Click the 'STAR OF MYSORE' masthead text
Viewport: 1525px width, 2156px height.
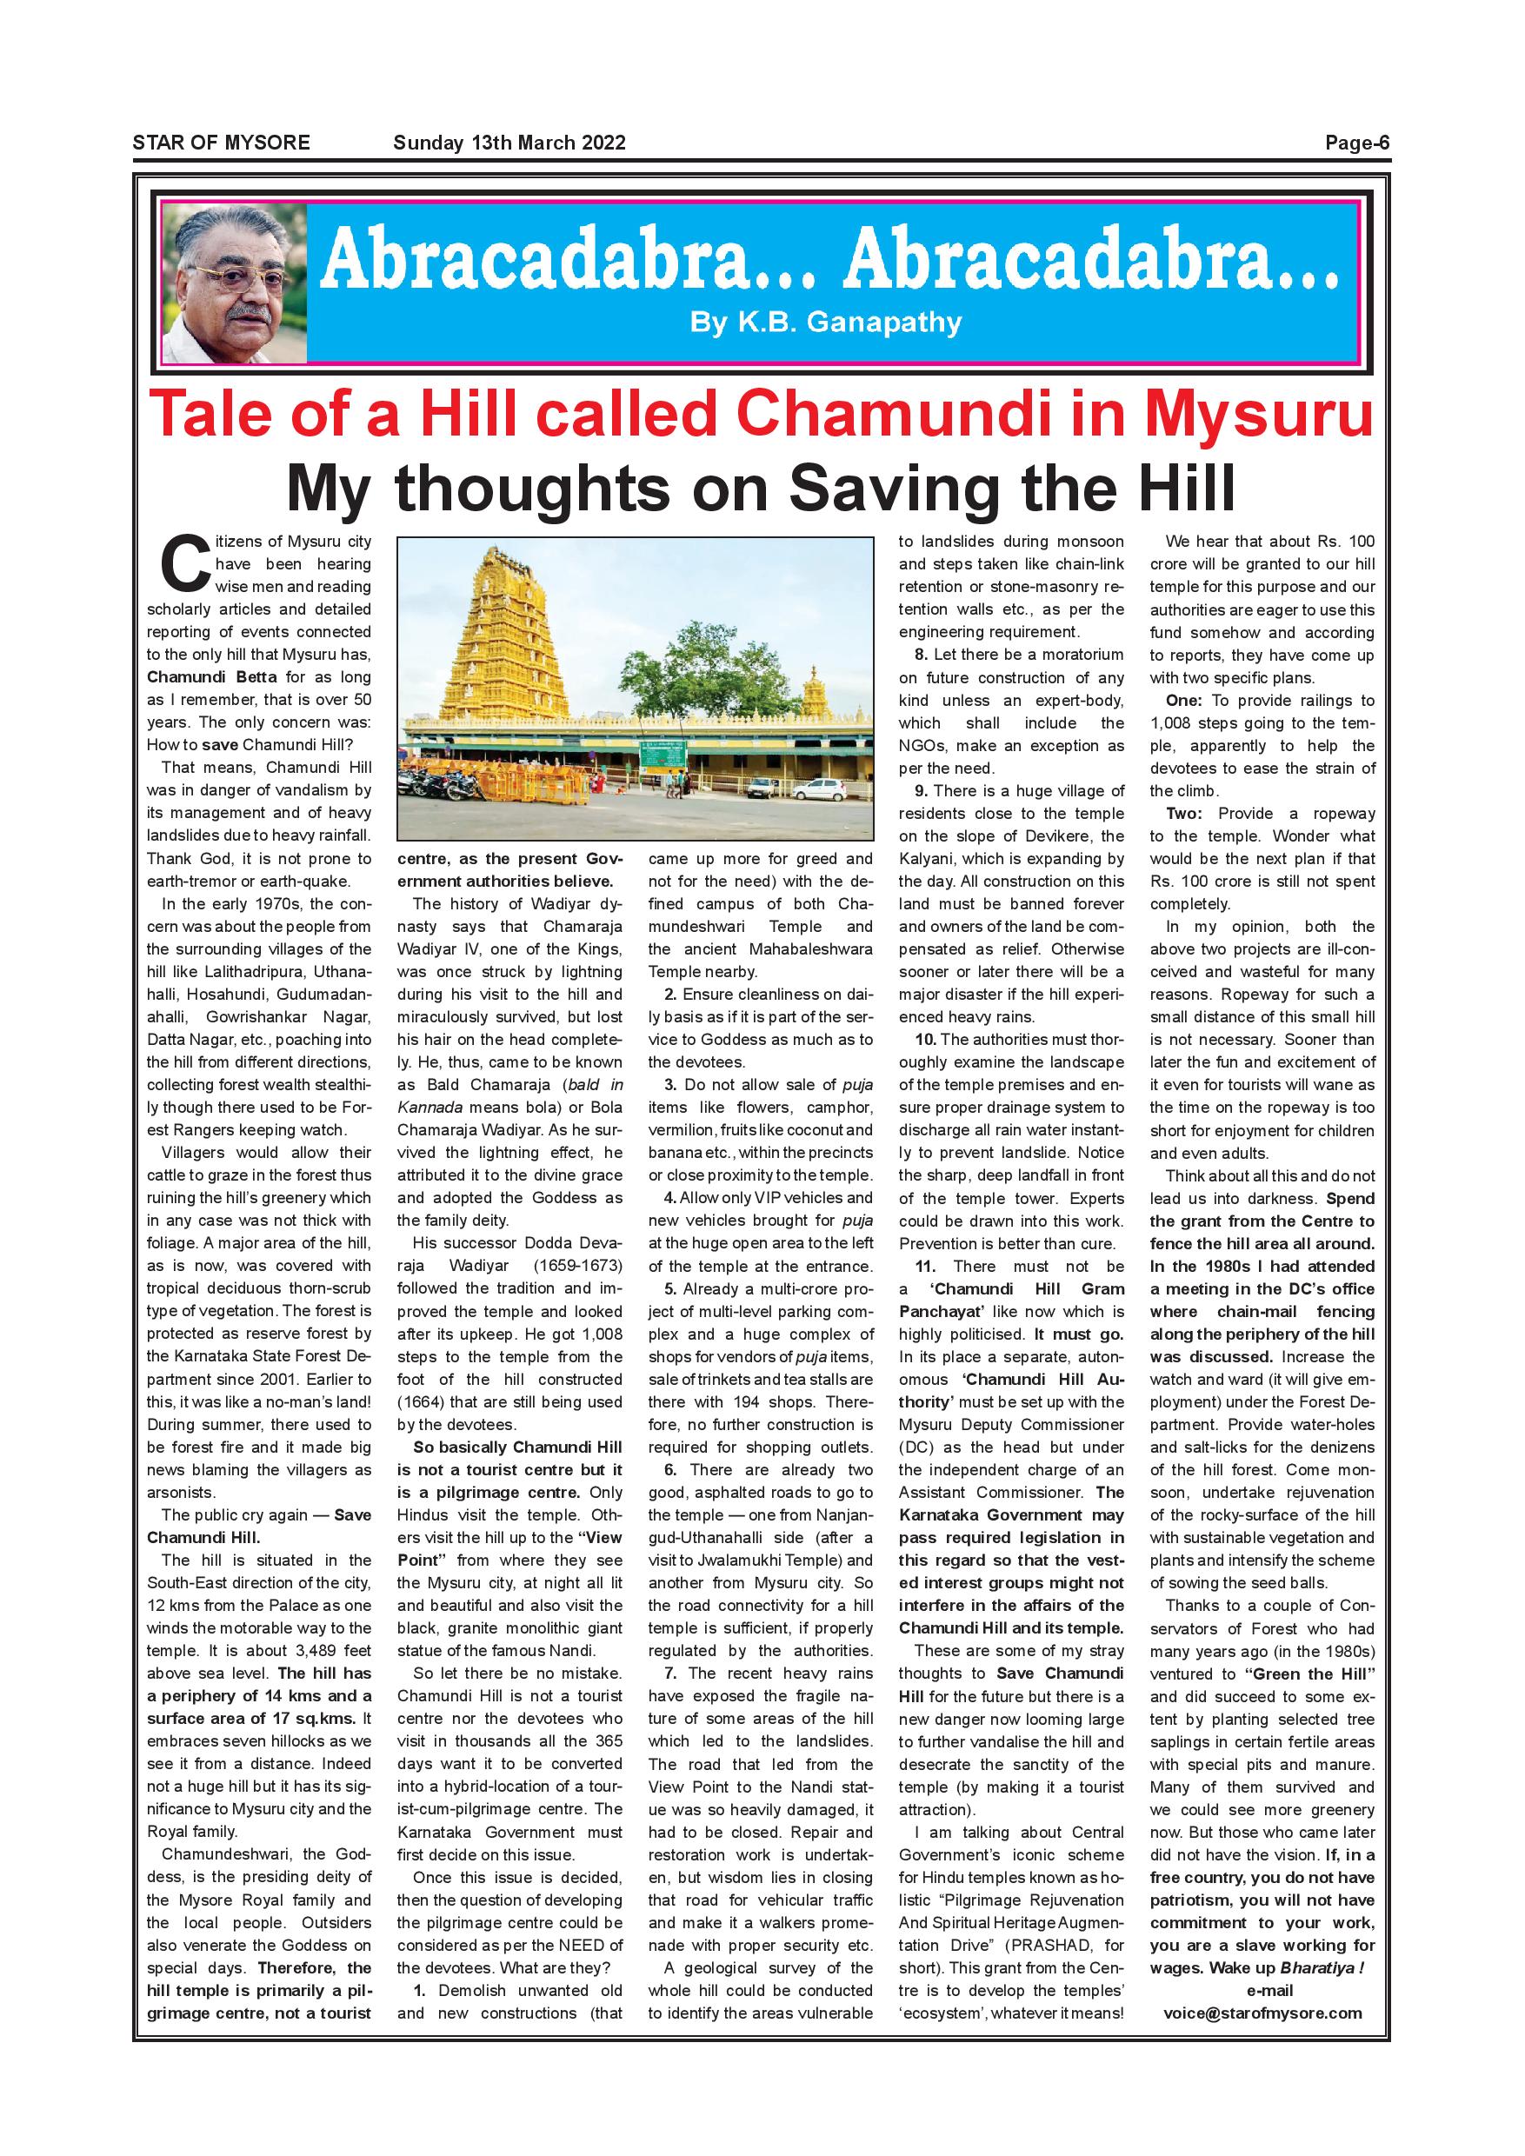(x=221, y=143)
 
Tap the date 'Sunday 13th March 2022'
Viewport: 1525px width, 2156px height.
(x=509, y=143)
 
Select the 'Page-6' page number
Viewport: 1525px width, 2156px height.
(x=1356, y=143)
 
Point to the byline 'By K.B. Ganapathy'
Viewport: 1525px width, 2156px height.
(x=825, y=323)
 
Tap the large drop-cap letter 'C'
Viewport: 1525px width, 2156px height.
(x=183, y=565)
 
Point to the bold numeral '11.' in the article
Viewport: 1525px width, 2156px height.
(x=927, y=1266)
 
